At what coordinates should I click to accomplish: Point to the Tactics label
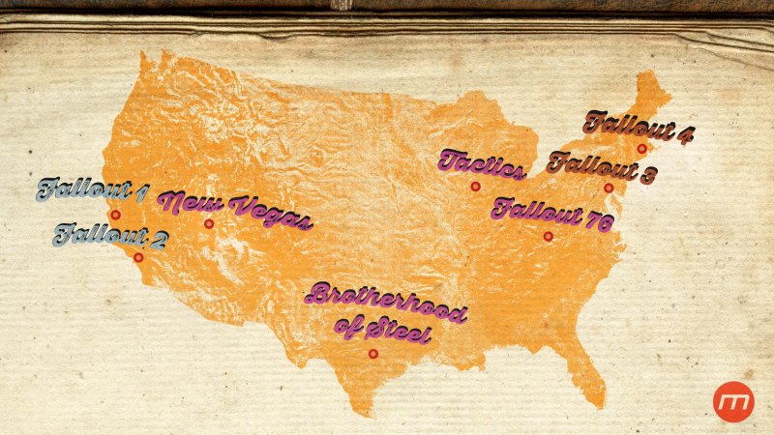tap(481, 163)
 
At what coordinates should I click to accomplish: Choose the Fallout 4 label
tap(639, 126)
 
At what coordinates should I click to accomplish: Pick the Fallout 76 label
tap(552, 213)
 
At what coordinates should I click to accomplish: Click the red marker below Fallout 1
tap(115, 215)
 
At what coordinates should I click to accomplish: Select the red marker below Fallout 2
tap(138, 258)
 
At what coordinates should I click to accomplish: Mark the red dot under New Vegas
tap(208, 224)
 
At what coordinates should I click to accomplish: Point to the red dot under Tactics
tap(475, 187)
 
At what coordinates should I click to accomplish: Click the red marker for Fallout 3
tap(609, 188)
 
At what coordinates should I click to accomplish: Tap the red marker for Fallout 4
tap(641, 149)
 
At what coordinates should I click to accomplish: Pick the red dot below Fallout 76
tap(548, 236)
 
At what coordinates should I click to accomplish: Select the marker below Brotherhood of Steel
tap(372, 354)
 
